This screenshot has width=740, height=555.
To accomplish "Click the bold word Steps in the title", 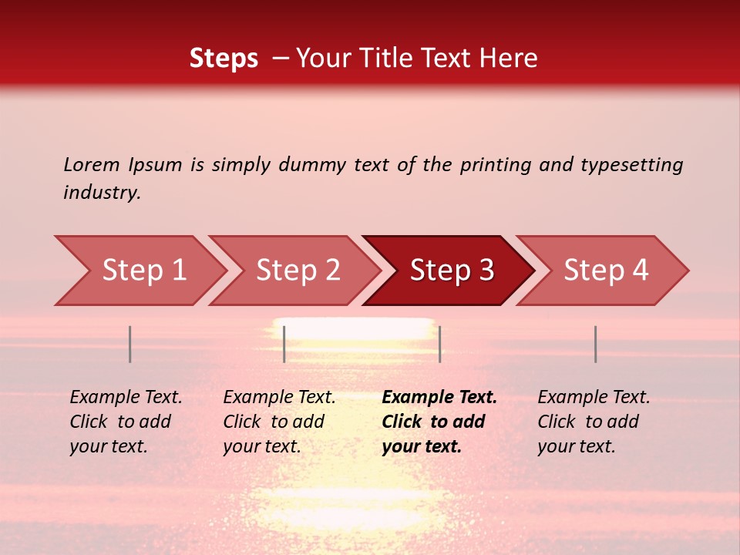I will click(224, 59).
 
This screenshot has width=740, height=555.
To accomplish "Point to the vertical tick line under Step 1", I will click(130, 345).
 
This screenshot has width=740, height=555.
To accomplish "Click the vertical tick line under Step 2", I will click(284, 345).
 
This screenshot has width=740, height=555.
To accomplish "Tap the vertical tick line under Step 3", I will click(439, 345).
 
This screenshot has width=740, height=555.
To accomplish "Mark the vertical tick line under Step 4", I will click(595, 345).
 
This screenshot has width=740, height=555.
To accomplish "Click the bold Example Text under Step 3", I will click(439, 398).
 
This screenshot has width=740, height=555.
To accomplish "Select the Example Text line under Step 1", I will click(126, 398).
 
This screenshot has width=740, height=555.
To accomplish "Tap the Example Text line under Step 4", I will click(594, 398).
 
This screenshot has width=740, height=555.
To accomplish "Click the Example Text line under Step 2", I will click(279, 398).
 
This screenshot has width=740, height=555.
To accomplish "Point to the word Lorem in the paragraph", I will click(91, 165).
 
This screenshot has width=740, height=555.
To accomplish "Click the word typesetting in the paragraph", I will click(631, 165).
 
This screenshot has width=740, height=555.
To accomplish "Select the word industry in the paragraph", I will click(102, 193).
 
